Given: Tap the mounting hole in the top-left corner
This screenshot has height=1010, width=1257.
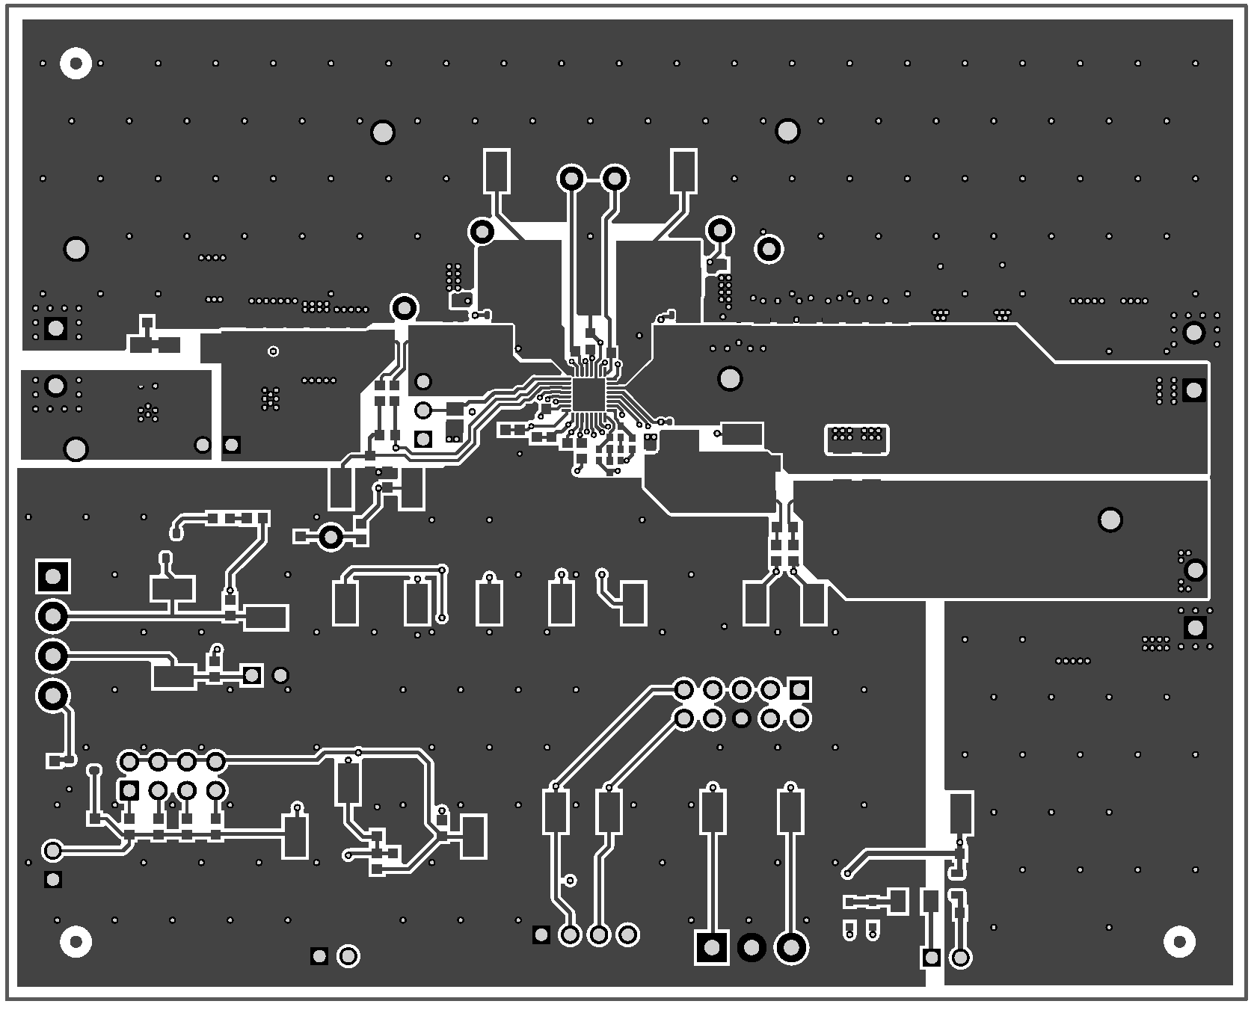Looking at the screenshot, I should click(x=76, y=64).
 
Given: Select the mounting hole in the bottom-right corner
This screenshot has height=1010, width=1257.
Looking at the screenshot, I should click(x=1179, y=941).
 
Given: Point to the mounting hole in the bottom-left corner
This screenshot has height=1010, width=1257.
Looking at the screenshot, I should click(x=76, y=941).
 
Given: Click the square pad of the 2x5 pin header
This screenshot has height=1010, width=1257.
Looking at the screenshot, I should click(x=799, y=689).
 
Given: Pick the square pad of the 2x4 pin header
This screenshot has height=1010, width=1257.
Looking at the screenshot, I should click(x=129, y=789).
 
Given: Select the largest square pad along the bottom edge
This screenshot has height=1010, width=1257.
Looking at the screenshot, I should click(x=712, y=948).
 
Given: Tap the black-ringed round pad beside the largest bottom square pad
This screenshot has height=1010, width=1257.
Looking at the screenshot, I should click(x=751, y=948).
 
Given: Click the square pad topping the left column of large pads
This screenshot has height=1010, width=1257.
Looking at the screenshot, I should click(x=53, y=576).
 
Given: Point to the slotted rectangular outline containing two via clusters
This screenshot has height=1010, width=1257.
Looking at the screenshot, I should click(x=856, y=439).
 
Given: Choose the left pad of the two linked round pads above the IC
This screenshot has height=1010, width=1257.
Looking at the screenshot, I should click(x=571, y=179).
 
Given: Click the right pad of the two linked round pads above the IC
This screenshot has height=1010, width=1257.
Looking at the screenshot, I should click(x=615, y=179).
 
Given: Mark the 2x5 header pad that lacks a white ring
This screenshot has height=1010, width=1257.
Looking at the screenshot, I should click(x=741, y=718).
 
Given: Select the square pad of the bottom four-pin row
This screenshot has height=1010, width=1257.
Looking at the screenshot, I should click(x=541, y=934).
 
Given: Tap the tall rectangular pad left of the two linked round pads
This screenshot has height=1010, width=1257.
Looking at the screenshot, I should click(x=497, y=170).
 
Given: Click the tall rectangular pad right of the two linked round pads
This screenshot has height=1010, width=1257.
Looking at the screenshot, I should click(x=683, y=170).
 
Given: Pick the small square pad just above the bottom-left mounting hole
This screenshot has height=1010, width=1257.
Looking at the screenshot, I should click(x=53, y=879).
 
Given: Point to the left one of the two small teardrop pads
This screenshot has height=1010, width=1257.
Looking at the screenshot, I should click(x=849, y=931).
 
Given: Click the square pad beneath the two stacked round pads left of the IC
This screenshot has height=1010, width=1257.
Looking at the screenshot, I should click(x=423, y=438).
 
